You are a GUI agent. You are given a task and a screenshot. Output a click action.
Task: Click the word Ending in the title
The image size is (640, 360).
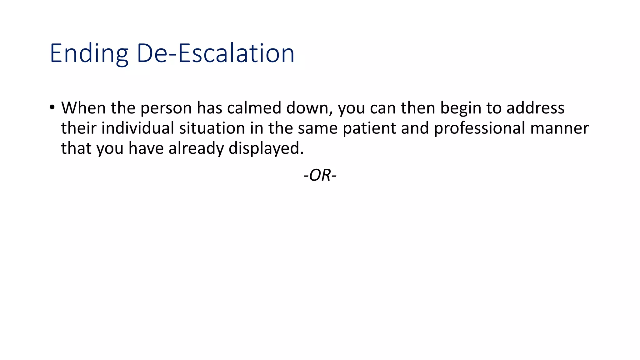(x=89, y=54)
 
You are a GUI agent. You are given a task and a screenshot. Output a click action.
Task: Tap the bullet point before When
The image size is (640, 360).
(x=52, y=107)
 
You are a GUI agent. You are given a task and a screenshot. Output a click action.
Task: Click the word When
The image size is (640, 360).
(x=83, y=108)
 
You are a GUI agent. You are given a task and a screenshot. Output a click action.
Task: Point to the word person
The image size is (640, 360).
(x=166, y=108)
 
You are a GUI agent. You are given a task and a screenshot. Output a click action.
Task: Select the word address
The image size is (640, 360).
(x=535, y=108)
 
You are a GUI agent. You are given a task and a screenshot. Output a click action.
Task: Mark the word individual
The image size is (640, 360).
(x=137, y=128)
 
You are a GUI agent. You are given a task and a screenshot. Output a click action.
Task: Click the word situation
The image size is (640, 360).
(x=212, y=128)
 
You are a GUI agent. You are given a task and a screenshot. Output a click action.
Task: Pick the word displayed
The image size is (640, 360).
(x=266, y=148)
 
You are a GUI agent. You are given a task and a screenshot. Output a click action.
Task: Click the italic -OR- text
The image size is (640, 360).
(x=320, y=175)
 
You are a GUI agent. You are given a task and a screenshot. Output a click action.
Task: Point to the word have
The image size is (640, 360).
(x=146, y=148)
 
